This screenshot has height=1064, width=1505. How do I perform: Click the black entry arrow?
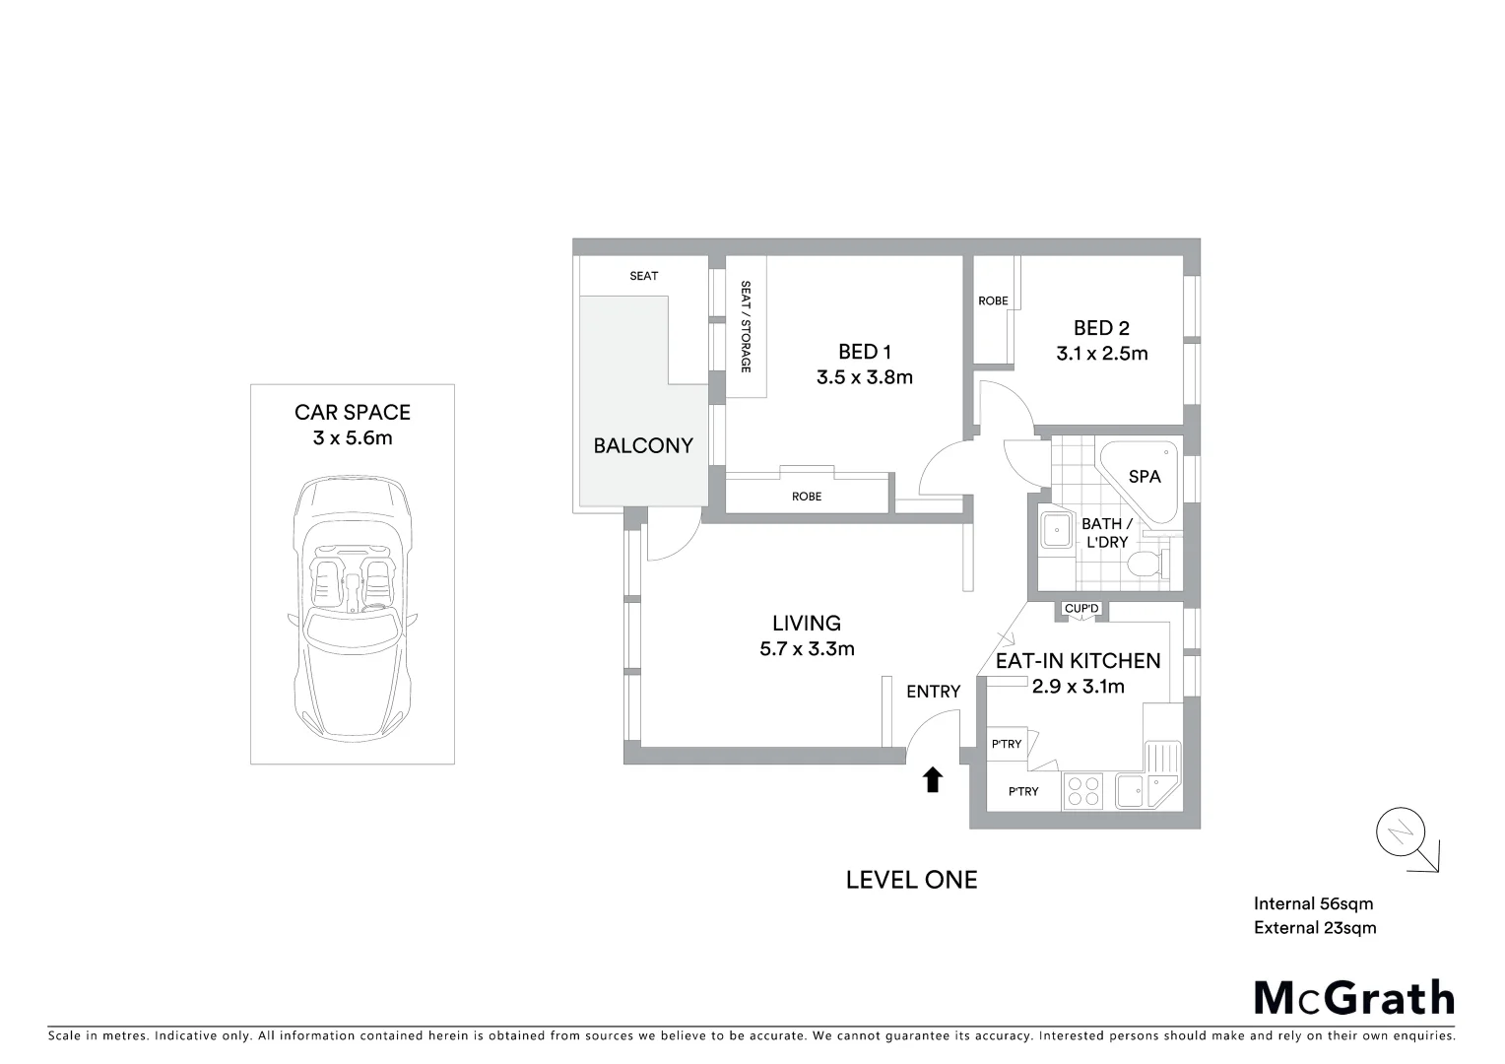pos(932,780)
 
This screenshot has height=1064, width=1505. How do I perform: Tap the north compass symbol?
pos(1403,834)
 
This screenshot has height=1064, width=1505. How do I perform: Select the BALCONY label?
pos(643,445)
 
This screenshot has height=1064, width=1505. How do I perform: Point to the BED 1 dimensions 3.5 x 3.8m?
pos(864,376)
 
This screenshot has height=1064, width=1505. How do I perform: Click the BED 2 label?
pos(1101,328)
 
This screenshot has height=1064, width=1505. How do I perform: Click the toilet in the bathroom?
pos(1145,565)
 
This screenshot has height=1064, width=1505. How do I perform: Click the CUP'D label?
pos(1081,609)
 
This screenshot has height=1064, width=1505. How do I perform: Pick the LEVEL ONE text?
pos(911,880)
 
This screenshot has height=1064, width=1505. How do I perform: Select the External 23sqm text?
pos(1315,927)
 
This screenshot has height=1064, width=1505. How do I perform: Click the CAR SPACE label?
pos(353,413)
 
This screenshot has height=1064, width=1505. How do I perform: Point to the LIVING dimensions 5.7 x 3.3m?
pos(807,648)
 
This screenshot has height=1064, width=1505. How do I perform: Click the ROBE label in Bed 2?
pos(993,300)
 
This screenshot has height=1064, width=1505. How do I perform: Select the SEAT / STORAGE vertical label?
pos(746,326)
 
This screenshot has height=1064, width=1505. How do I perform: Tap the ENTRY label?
pos(933,692)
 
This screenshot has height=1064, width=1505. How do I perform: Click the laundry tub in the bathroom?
pos(1057,532)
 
